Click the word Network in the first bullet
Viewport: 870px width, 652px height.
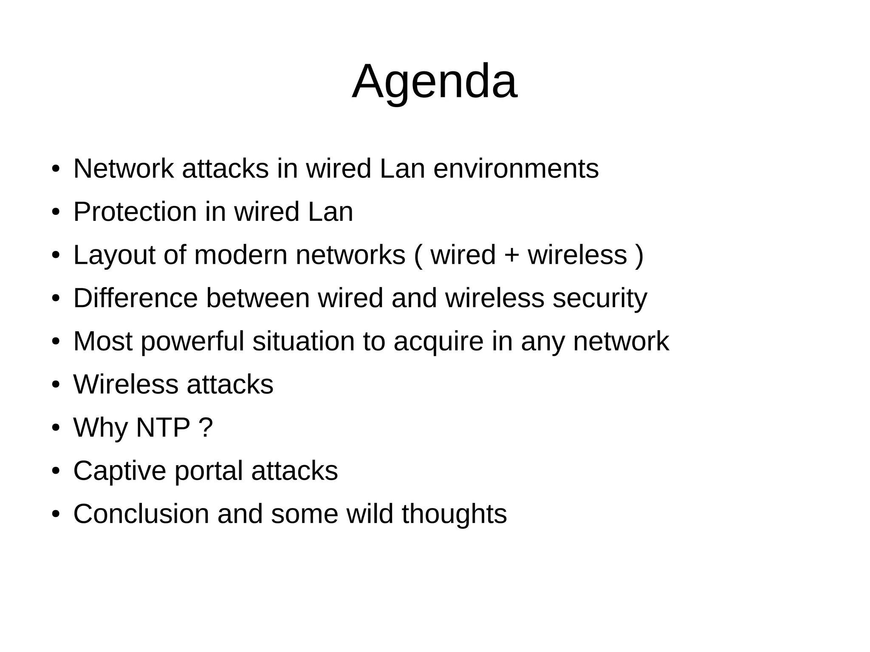pyautogui.click(x=124, y=169)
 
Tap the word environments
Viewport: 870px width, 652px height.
pyautogui.click(x=516, y=169)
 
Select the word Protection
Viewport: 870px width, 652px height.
pyautogui.click(x=135, y=212)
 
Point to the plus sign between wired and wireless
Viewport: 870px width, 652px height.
pyautogui.click(x=511, y=255)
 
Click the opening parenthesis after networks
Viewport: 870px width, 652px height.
pyautogui.click(x=418, y=255)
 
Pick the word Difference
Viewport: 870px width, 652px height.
pyautogui.click(x=136, y=298)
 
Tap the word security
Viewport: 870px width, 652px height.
pyautogui.click(x=600, y=299)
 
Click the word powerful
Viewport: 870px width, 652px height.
pyautogui.click(x=192, y=342)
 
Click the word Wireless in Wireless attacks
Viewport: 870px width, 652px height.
pyautogui.click(x=126, y=384)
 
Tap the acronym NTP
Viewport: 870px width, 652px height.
pyautogui.click(x=163, y=427)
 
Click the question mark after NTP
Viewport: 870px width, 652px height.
pyautogui.click(x=206, y=427)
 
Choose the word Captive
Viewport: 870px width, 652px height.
pyautogui.click(x=119, y=471)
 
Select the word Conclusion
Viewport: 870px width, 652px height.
pyautogui.click(x=141, y=514)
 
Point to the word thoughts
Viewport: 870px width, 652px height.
pyautogui.click(x=454, y=514)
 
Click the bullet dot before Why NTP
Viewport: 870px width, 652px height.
pyautogui.click(x=55, y=428)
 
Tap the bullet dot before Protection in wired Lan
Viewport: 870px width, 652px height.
pyautogui.click(x=55, y=212)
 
